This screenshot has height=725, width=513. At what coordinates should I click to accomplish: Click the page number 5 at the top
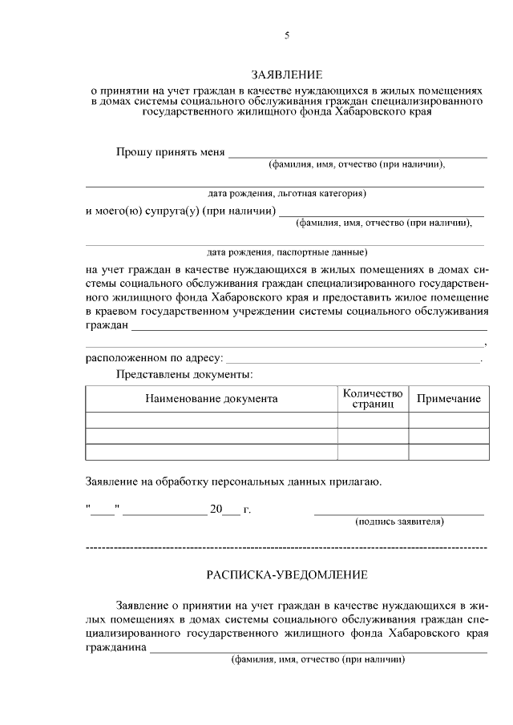286,36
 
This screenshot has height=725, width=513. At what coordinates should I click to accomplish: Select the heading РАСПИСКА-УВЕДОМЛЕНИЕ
286,574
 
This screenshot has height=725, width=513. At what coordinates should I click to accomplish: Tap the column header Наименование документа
212,398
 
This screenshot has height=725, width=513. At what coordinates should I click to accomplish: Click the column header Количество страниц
372,398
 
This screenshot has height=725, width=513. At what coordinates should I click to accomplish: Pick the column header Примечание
448,398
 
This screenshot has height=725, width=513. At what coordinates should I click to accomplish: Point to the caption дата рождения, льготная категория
286,193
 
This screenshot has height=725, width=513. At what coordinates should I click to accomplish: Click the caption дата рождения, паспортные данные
286,252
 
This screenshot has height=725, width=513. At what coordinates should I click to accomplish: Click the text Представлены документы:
184,374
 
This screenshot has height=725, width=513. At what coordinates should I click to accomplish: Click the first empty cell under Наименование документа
212,420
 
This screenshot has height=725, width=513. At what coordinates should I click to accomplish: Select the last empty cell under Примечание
448,452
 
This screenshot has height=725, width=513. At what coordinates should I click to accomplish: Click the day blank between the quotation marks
103,510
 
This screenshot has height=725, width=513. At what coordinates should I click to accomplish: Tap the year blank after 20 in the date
231,510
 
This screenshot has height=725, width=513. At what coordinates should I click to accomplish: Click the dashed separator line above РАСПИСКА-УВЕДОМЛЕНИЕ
286,548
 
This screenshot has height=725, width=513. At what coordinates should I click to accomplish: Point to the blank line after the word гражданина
318,651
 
